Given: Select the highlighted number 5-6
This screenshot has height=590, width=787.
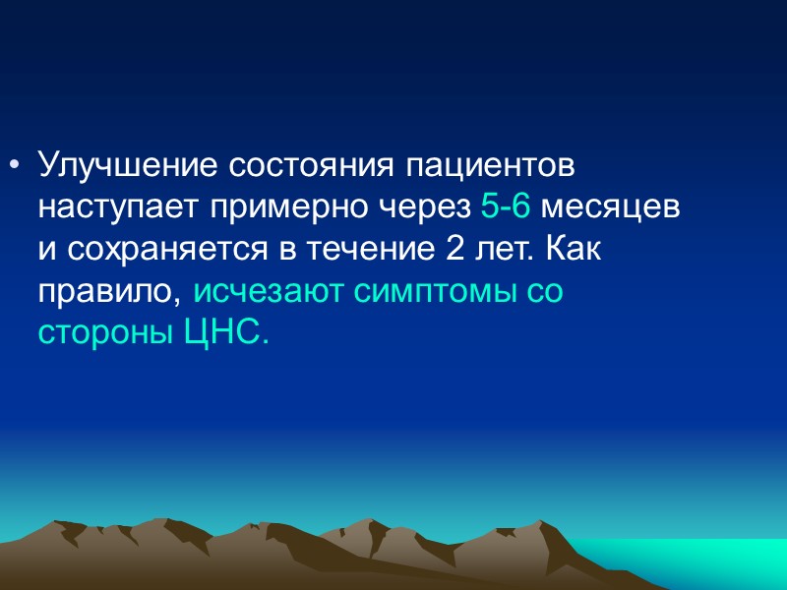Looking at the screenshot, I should pyautogui.click(x=506, y=207).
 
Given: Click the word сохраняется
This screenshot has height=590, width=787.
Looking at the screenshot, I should pyautogui.click(x=139, y=250).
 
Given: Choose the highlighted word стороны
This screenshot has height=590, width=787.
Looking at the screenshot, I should pyautogui.click(x=105, y=335).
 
